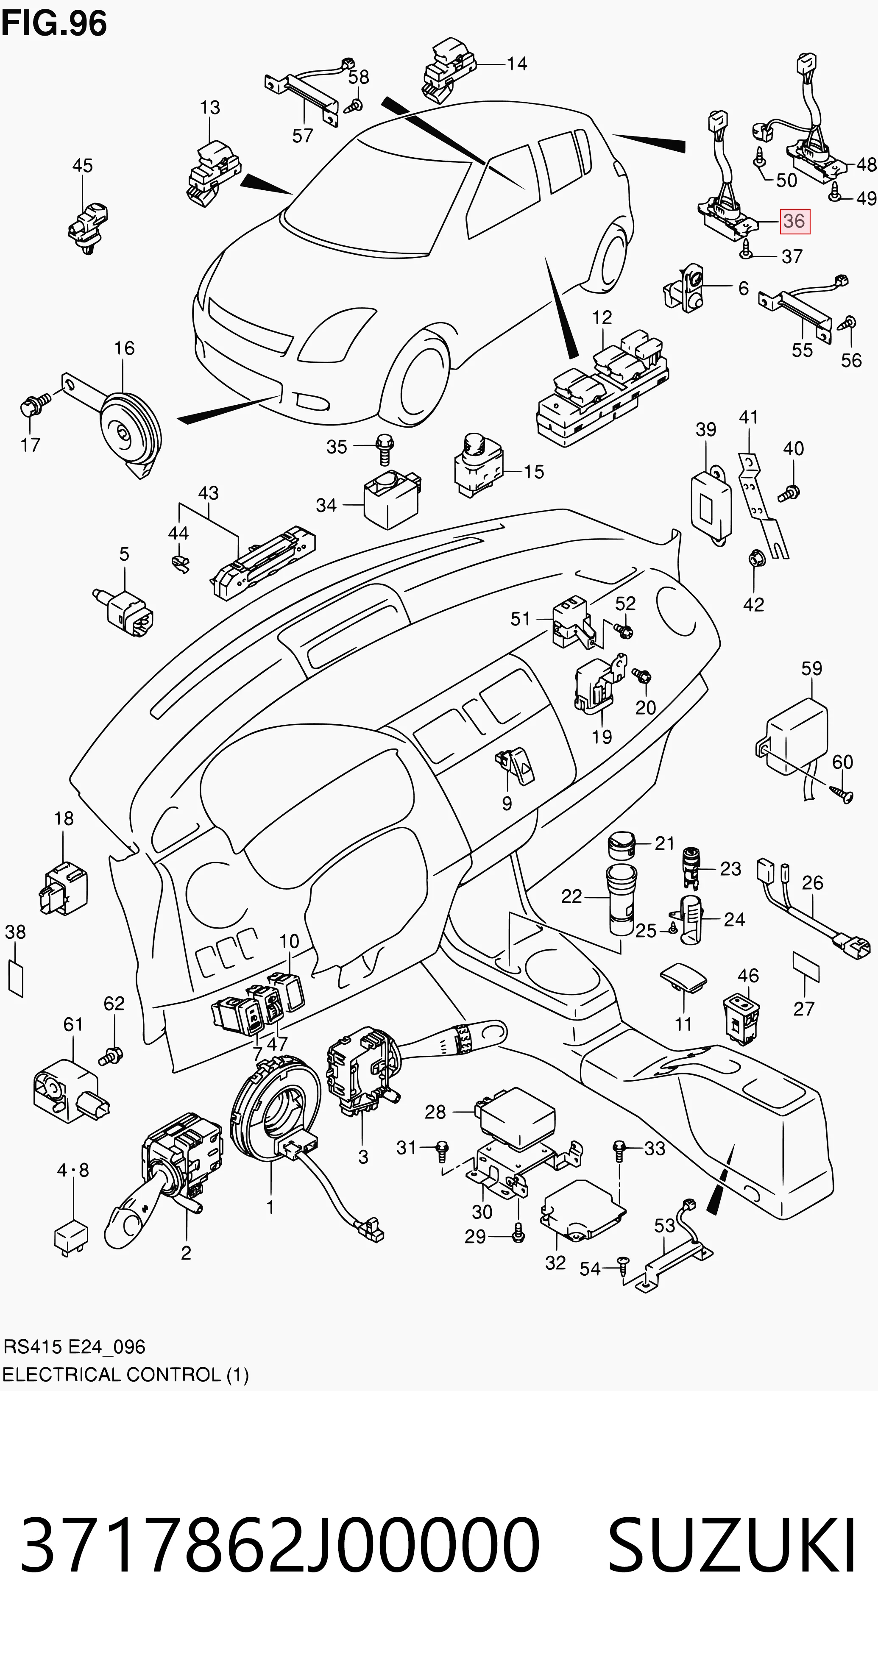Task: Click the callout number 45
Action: click(x=82, y=166)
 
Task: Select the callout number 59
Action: click(x=811, y=669)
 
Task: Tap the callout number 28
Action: click(x=435, y=1112)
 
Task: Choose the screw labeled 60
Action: click(x=843, y=794)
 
